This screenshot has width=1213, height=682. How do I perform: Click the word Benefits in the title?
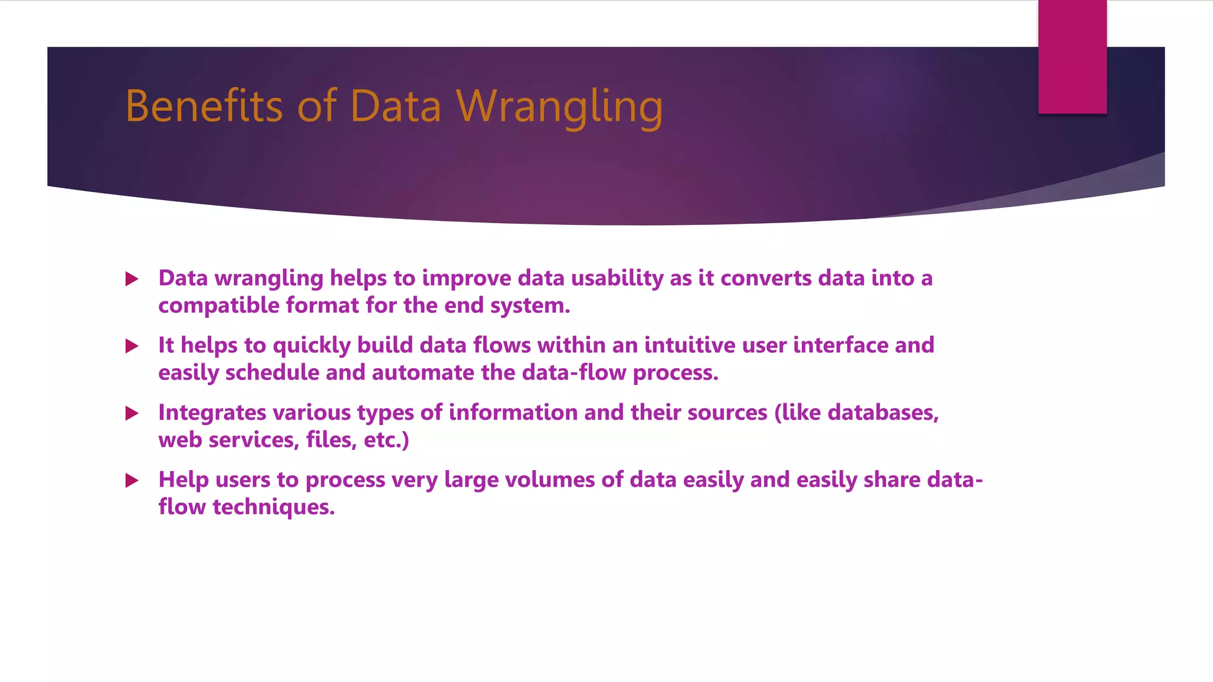pyautogui.click(x=203, y=107)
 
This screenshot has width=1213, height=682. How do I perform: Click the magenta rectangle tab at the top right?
pyautogui.click(x=1072, y=57)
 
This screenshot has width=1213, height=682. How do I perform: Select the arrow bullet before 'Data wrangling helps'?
pyautogui.click(x=132, y=279)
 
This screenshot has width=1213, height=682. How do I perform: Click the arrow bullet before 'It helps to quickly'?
pyautogui.click(x=132, y=346)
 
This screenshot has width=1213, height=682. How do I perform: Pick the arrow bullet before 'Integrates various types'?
pyautogui.click(x=132, y=413)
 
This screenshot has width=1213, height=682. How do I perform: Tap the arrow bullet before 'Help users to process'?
pyautogui.click(x=132, y=480)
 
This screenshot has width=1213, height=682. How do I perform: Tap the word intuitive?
pyautogui.click(x=689, y=345)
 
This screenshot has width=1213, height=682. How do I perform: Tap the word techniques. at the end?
pyautogui.click(x=274, y=507)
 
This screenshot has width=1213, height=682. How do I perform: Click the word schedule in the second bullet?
pyautogui.click(x=272, y=373)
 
